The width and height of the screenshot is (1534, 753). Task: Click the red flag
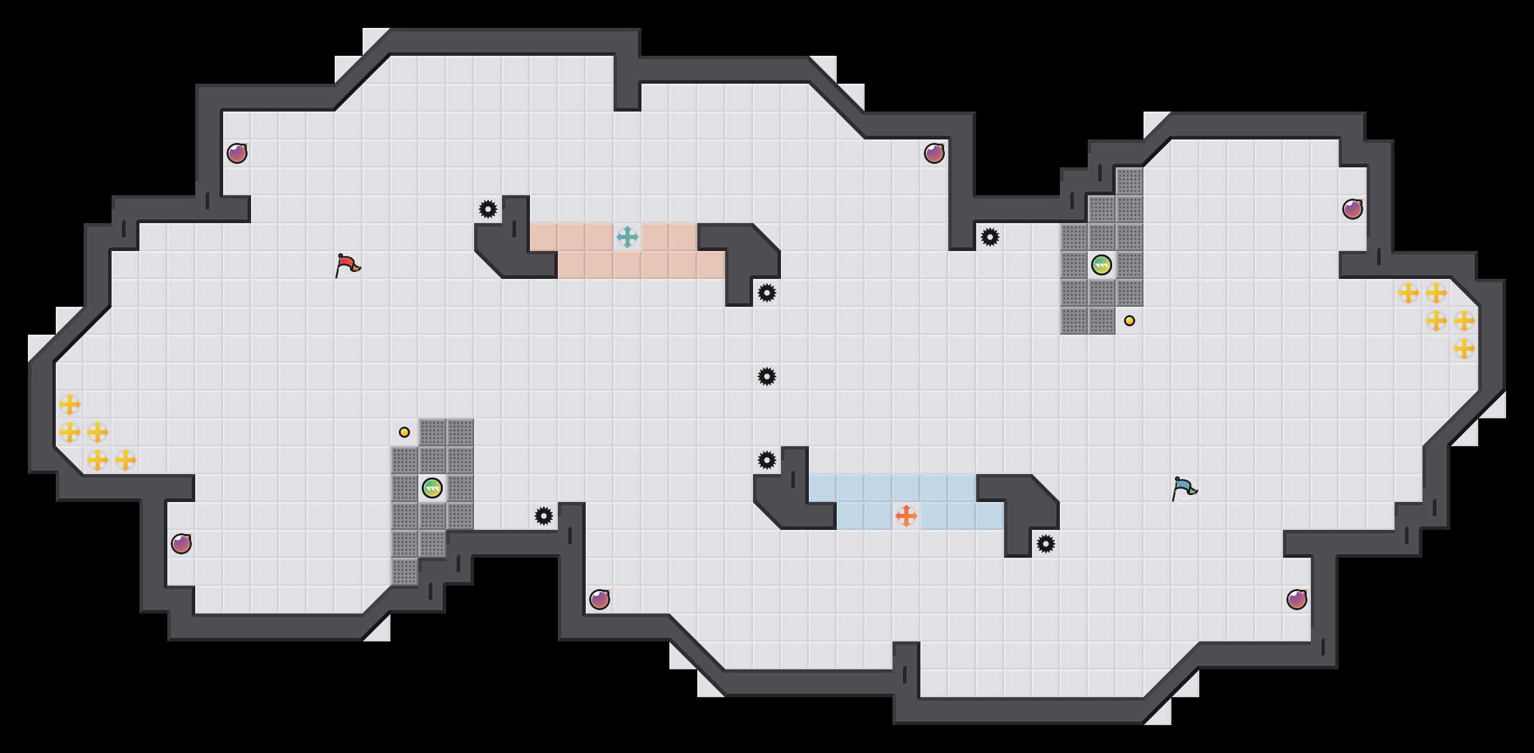point(347,265)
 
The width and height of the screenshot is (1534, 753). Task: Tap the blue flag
point(1183,488)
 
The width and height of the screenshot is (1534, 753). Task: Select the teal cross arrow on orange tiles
point(628,237)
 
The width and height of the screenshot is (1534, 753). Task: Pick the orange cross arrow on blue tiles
point(906,516)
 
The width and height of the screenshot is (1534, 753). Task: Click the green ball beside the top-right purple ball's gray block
point(1102,265)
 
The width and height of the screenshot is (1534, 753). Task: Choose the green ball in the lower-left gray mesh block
point(432,488)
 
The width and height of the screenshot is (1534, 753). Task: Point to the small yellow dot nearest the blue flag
point(1130,321)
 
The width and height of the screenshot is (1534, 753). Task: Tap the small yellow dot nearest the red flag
point(404,432)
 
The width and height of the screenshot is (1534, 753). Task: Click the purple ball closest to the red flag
point(237,153)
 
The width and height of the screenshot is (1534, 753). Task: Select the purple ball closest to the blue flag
point(1297,600)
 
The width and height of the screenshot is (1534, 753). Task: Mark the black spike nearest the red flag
point(488,209)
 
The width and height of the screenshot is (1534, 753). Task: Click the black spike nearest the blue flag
point(1046,544)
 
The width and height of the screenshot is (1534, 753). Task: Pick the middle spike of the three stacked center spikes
point(767,376)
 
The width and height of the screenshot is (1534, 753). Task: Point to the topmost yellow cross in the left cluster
point(70,404)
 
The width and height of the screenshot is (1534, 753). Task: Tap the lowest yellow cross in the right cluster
point(1464,349)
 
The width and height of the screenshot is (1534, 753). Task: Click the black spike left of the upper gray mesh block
point(990,237)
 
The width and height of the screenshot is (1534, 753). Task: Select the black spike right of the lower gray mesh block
point(544,516)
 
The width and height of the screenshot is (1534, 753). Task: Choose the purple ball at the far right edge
point(1353,209)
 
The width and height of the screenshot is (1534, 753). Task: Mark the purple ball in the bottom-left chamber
point(181,544)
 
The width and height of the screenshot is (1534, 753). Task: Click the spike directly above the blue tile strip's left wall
point(767,460)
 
